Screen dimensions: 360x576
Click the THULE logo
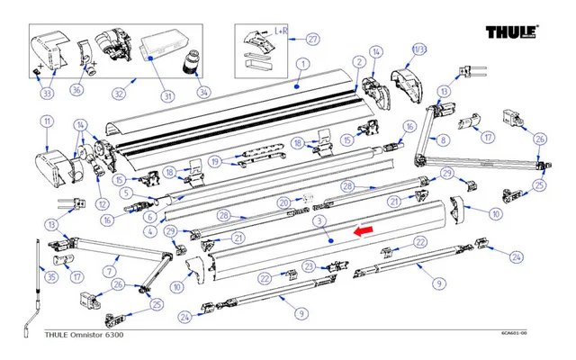pos(511,33)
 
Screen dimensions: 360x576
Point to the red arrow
pos(364,232)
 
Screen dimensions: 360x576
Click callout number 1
pos(302,64)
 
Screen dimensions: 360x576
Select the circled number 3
pos(319,220)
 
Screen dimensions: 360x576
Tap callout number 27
pos(313,39)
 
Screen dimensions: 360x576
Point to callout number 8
pos(441,140)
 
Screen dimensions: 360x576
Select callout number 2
pos(358,61)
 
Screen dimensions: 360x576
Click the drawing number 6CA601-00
pos(514,334)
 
